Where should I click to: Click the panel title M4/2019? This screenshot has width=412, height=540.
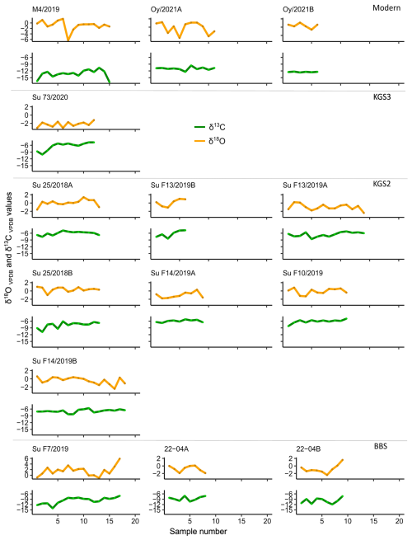[x=46, y=9]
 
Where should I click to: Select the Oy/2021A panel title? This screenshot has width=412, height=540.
[x=166, y=9]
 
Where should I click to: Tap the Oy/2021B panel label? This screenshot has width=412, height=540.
[x=298, y=9]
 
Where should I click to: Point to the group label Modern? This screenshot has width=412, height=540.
[x=386, y=7]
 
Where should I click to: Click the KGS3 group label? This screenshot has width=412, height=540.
[x=382, y=96]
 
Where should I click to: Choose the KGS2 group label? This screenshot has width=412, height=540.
[x=382, y=183]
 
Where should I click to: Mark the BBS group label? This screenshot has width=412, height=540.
[x=381, y=446]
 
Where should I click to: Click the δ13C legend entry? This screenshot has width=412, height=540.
[x=210, y=127]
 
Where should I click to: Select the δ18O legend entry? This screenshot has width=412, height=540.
[x=210, y=141]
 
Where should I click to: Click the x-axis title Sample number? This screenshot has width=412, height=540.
[x=199, y=532]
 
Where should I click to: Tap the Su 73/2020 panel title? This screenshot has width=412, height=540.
[x=50, y=97]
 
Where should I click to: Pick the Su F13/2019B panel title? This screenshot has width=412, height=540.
[x=173, y=185]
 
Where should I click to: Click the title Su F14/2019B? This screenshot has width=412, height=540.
[x=54, y=361]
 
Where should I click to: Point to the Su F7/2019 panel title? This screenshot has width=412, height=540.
[x=50, y=448]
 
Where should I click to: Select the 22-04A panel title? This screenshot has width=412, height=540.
[x=176, y=448]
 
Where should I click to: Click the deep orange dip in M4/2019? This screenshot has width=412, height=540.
[x=68, y=40]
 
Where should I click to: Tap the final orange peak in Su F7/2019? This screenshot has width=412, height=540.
[x=119, y=458]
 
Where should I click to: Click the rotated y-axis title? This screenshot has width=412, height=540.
[x=8, y=247]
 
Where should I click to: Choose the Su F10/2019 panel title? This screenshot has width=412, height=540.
[x=303, y=273]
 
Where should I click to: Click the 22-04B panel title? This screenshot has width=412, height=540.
[x=308, y=448]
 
